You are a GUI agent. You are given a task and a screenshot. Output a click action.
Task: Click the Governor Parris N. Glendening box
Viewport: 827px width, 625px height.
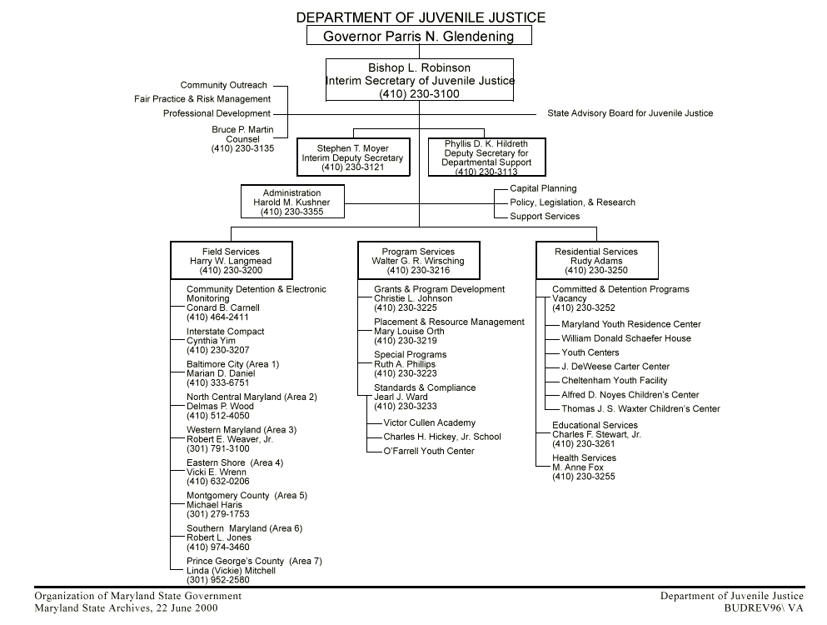418,36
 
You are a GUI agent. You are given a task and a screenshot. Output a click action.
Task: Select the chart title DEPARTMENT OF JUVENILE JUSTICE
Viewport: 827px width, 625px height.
421,17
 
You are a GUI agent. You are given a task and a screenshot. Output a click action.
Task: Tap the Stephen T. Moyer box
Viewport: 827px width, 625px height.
352,158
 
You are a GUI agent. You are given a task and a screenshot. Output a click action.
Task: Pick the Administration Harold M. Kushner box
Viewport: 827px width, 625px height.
291,202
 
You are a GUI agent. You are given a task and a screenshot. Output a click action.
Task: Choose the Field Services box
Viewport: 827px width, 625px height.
231,261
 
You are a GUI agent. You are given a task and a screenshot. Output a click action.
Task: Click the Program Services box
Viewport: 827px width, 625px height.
418,261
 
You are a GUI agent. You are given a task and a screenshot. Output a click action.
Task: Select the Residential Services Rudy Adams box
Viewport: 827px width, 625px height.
596,261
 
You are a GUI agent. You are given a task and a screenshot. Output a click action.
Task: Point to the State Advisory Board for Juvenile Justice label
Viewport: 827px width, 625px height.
630,113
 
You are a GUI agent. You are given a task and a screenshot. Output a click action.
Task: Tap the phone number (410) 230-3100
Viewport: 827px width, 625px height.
418,94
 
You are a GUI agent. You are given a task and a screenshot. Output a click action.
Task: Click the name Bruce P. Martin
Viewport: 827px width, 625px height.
242,130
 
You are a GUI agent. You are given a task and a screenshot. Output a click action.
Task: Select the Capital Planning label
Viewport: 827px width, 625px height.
543,188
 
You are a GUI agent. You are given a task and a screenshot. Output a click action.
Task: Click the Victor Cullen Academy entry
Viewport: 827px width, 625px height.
429,423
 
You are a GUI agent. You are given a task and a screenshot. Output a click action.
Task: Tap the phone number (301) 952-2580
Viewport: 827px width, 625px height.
217,580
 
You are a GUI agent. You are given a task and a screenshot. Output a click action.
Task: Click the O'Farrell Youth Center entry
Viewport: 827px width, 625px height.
428,451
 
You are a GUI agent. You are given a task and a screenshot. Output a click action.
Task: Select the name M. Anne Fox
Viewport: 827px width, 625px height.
578,467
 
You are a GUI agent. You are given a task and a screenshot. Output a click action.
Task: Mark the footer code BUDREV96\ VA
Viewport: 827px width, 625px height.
764,608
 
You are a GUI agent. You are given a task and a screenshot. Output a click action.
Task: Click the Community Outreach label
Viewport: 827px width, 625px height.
223,85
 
